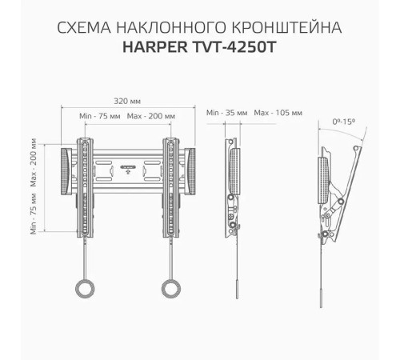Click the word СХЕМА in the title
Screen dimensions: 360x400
[x=82, y=29]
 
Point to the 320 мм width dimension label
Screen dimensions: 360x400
[x=127, y=102]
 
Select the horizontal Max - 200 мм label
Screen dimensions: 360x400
[x=149, y=116]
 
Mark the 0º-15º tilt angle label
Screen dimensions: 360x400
[x=345, y=122]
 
